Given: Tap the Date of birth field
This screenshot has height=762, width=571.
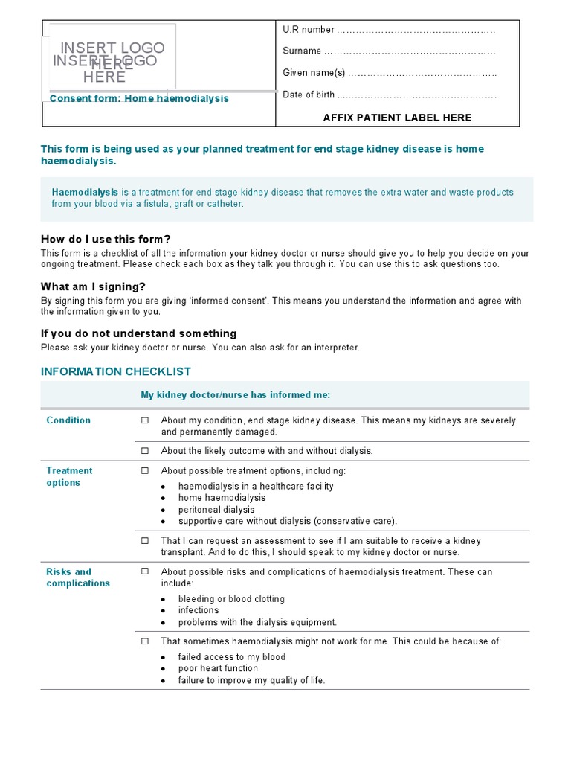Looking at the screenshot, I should click(416, 95).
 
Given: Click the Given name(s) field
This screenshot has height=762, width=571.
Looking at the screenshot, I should click(422, 73).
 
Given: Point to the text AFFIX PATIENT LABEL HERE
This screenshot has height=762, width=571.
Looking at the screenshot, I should click(397, 118).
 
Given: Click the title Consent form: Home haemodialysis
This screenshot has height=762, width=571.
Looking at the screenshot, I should click(139, 99).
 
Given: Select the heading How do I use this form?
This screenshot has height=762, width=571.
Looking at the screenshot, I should click(106, 239).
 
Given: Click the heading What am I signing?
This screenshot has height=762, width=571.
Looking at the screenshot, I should click(93, 286).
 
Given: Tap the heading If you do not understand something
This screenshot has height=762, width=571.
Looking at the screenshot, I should click(138, 333).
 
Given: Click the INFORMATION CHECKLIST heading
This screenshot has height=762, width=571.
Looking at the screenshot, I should click(115, 371).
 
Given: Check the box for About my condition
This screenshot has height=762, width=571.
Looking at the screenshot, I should click(145, 420).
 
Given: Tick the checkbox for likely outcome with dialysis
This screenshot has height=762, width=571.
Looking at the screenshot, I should click(145, 451).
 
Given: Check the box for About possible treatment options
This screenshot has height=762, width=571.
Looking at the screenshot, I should click(145, 471).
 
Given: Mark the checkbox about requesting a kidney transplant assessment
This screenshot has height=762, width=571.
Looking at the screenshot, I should click(145, 541).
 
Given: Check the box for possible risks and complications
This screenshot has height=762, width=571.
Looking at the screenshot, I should click(145, 572).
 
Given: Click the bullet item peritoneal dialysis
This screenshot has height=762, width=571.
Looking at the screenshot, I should click(216, 510).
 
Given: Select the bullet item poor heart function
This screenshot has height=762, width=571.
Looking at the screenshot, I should click(218, 668).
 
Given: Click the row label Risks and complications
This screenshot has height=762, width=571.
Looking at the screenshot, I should click(78, 577).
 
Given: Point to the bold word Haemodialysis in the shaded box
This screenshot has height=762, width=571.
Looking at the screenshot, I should click(85, 193).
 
